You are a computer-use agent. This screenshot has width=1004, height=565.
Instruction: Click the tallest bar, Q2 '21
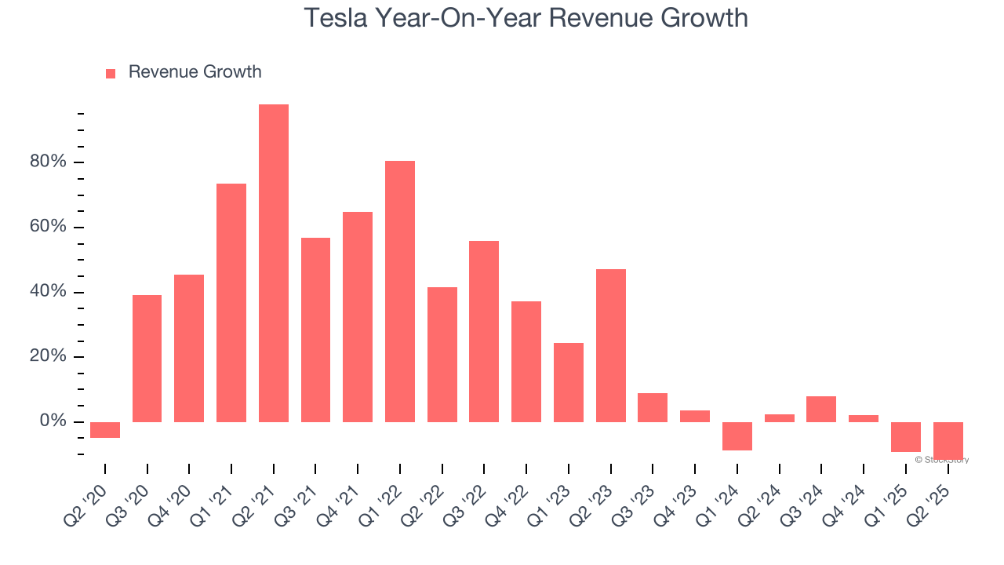click(274, 263)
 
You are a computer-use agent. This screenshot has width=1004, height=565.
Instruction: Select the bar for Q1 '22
click(400, 291)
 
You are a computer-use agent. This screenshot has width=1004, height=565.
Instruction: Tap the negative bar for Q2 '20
click(105, 430)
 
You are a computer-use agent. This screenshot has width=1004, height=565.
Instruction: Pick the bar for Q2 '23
click(611, 345)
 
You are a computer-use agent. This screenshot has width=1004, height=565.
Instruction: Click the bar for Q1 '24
click(737, 436)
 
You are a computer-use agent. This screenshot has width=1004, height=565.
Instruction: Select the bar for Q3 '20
click(147, 359)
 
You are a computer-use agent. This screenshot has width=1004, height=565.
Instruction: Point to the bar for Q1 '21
click(231, 303)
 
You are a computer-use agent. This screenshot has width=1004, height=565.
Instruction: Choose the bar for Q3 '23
click(653, 407)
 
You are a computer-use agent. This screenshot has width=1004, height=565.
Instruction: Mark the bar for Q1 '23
click(569, 382)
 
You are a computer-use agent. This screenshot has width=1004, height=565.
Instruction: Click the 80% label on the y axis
click(48, 162)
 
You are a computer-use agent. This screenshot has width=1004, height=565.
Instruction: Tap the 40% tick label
click(48, 292)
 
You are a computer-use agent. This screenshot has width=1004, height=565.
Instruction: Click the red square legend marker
click(111, 73)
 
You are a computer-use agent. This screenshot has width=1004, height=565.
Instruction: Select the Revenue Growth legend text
click(195, 72)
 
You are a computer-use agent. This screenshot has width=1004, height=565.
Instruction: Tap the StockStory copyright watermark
click(941, 460)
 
